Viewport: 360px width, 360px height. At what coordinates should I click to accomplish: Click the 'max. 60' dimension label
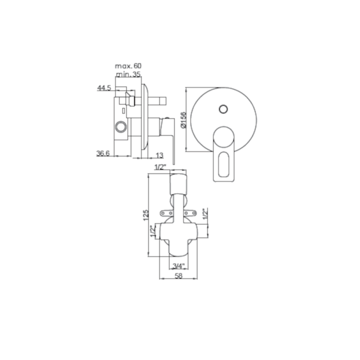tap(128, 66)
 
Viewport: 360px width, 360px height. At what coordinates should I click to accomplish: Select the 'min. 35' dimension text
tap(128, 74)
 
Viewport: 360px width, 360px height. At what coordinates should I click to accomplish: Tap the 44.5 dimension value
tap(104, 88)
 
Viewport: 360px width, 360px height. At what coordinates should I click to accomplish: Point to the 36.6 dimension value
tap(103, 153)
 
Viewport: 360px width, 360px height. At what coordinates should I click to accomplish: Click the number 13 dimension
tap(159, 155)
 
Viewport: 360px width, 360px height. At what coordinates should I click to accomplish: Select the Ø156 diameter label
tap(183, 120)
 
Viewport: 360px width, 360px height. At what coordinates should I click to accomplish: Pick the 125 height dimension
tap(146, 215)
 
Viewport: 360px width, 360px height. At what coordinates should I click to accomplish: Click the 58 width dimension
tap(178, 275)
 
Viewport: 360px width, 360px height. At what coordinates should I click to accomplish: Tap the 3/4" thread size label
tap(178, 266)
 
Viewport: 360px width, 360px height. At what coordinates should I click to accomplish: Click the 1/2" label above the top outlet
tap(160, 167)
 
